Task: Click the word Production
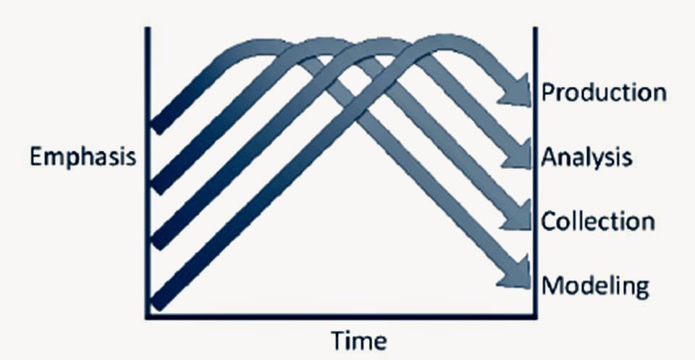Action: tap(604, 93)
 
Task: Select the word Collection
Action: tap(598, 221)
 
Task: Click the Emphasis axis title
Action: tap(83, 157)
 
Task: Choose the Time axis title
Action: tap(359, 340)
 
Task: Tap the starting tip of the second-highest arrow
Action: tap(157, 186)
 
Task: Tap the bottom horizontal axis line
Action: tap(340, 316)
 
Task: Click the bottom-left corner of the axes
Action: tap(148, 316)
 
